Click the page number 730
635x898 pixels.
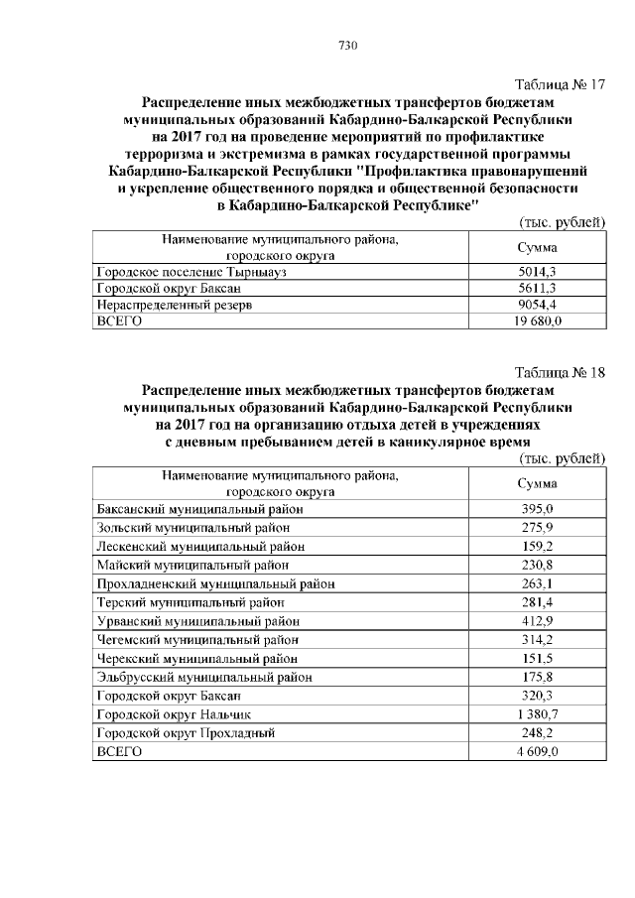point(347,46)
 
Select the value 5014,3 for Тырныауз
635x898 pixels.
point(536,270)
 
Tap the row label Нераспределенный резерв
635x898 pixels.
point(174,305)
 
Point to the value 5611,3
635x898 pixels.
point(536,288)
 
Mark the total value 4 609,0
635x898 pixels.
point(538,752)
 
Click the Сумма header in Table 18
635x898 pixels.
point(537,483)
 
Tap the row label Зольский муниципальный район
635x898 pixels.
point(192,527)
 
